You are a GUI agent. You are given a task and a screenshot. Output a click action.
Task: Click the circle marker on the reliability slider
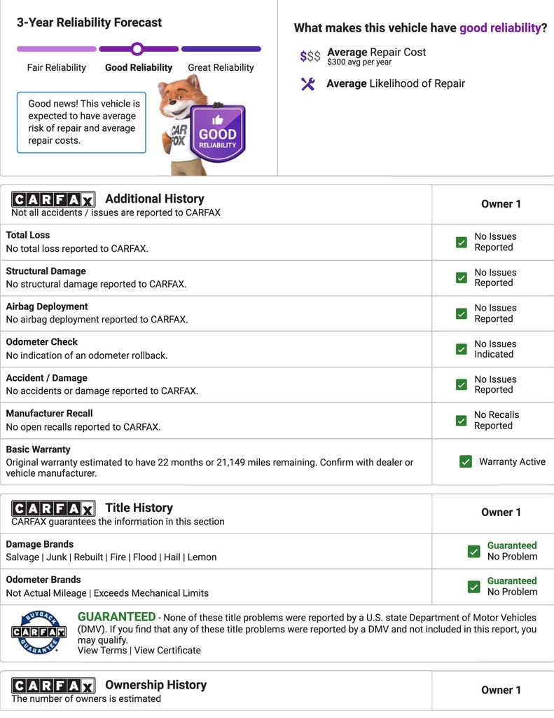pos(137,49)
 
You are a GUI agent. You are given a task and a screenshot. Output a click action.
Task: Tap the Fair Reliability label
pos(57,68)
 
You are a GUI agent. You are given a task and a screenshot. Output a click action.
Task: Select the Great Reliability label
pos(221,68)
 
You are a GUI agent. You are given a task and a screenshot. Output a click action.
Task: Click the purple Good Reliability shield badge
pos(218,133)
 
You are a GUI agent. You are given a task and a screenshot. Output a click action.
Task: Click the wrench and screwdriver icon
pos(307,84)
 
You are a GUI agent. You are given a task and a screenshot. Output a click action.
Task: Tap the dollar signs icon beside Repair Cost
pos(310,56)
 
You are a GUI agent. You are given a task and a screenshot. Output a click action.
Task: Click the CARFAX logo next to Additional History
pos(53,200)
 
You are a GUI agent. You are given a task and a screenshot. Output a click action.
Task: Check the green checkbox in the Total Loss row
pos(461,242)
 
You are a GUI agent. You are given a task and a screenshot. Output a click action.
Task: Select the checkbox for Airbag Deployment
pos(461,313)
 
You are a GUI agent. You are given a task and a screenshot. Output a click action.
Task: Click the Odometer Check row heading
pos(42,342)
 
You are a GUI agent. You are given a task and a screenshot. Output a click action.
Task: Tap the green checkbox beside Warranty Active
pos(466,461)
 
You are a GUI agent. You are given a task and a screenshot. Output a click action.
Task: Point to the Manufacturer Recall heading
pos(49,414)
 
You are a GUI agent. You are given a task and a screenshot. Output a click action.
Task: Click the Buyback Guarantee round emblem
pos(39,633)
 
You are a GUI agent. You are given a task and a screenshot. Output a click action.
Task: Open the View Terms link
pos(102,650)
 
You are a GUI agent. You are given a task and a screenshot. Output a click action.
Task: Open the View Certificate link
pos(167,650)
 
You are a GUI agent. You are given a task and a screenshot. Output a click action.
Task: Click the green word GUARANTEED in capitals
pos(116,617)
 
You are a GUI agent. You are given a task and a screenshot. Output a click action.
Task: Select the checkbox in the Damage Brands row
pos(474,551)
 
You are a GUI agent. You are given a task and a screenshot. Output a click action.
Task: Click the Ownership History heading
pos(155,685)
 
